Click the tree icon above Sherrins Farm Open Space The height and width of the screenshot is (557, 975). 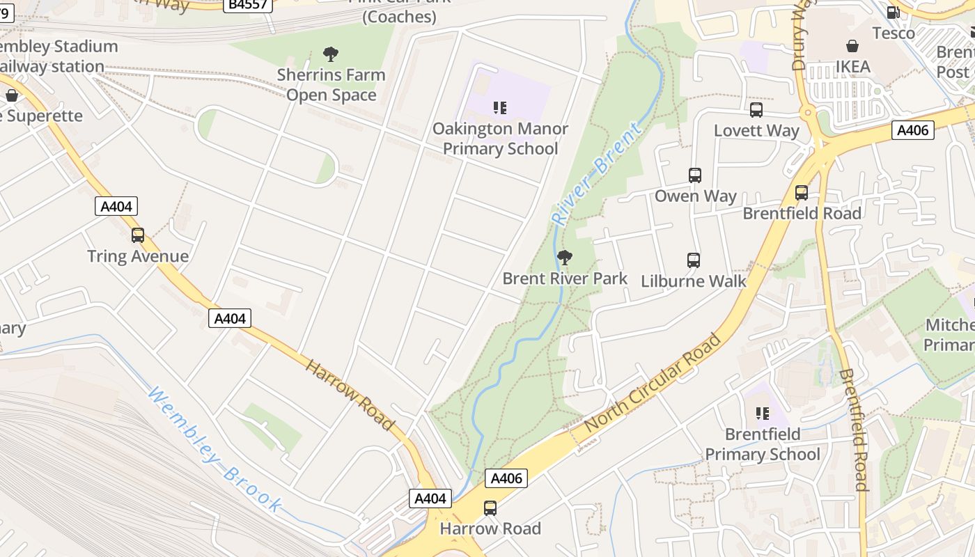pos(331,54)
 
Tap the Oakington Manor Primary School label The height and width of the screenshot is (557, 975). pos(500,139)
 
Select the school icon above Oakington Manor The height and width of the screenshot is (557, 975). pos(499,107)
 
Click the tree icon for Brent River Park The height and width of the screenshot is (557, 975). pos(565,258)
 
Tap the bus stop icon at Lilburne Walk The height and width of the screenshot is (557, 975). pos(694,260)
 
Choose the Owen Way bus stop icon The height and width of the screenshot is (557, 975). pos(695,175)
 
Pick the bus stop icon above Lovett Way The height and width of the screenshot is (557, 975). pos(756,110)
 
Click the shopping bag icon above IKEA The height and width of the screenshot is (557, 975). pos(852,46)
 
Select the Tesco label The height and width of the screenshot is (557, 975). pos(894,33)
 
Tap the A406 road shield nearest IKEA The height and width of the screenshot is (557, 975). pos(912,130)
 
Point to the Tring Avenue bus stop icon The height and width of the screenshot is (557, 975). pos(138,235)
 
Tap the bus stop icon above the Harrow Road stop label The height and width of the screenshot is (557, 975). pos(490,508)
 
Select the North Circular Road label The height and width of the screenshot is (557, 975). pos(653,384)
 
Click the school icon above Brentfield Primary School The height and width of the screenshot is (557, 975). pos(763,414)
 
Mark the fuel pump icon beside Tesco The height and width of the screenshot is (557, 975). pos(893,12)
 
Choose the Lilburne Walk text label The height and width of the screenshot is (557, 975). pos(693,281)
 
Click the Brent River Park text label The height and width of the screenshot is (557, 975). pos(565,278)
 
